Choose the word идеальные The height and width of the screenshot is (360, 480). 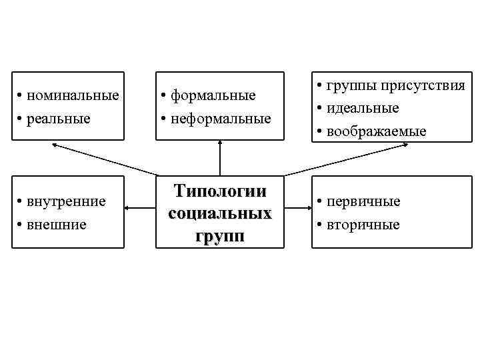363,107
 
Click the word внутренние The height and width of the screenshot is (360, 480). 67,201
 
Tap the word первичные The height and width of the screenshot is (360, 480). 363,201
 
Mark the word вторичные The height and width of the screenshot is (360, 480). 363,224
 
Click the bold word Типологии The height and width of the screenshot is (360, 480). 220,191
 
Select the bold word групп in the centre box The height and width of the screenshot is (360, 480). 220,236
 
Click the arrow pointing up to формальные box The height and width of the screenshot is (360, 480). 220,158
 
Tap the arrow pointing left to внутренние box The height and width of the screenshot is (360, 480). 140,210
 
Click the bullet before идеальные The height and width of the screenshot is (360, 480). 321,108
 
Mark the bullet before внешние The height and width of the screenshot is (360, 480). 22,225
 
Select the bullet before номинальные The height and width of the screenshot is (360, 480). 22,96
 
